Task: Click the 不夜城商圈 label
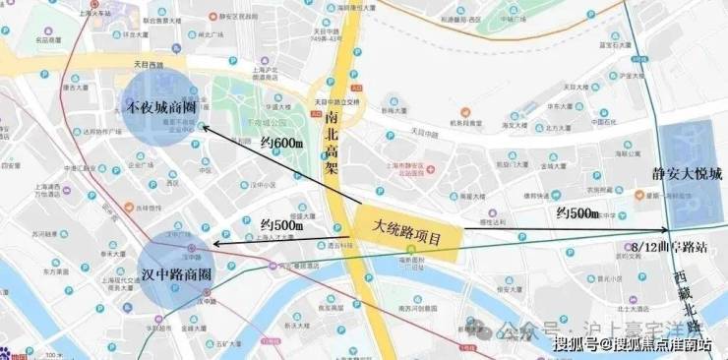coord(162,107)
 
